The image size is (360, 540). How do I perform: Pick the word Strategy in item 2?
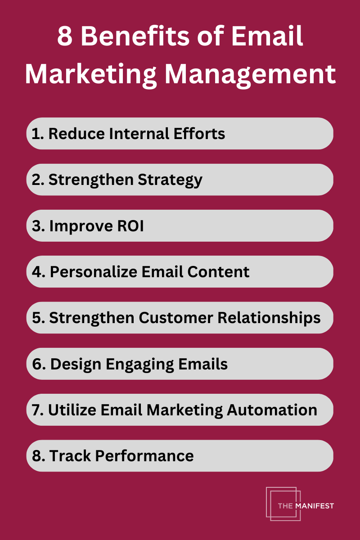click(x=170, y=180)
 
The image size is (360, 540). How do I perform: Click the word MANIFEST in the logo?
click(x=315, y=506)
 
